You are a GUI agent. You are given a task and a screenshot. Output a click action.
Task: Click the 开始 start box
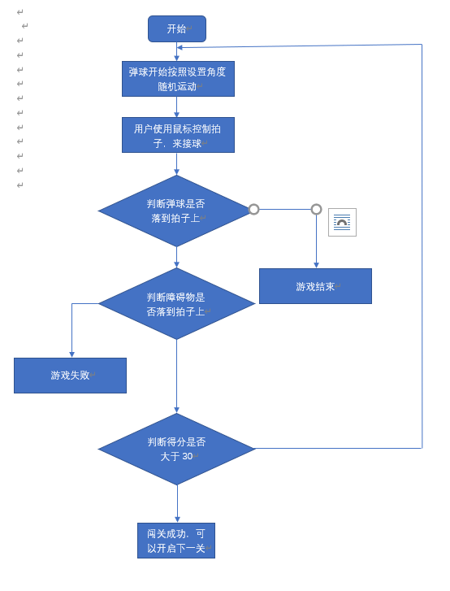point(176,28)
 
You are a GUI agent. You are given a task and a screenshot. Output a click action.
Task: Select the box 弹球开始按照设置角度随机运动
point(178,79)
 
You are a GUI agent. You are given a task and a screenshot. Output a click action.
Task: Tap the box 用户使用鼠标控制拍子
point(178,135)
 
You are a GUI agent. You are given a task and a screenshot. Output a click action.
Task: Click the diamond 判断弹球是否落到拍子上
point(176,211)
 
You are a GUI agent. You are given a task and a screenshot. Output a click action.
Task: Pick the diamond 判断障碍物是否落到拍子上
point(176,303)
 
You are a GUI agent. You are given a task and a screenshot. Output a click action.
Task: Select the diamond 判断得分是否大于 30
point(176,449)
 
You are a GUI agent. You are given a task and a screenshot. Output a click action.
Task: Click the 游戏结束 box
point(315,286)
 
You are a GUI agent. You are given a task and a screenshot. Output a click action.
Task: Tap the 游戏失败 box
point(70,376)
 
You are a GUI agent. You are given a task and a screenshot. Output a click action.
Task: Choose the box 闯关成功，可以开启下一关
point(176,541)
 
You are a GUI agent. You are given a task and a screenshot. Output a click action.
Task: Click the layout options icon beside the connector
point(342,222)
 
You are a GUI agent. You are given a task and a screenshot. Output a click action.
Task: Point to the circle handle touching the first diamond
point(253,209)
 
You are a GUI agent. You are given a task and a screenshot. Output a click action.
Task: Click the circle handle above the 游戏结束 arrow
point(316,209)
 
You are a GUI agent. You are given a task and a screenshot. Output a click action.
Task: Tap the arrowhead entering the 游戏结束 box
point(316,265)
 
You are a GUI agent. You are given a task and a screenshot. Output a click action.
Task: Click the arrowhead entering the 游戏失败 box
point(71,354)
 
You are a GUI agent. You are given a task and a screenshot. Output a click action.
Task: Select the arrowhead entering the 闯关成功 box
point(177,519)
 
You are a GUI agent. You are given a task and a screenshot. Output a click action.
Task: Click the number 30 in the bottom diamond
point(187,456)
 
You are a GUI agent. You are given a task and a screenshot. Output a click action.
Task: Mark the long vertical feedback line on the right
point(422,244)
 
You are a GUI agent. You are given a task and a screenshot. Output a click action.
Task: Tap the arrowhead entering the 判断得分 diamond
point(176,410)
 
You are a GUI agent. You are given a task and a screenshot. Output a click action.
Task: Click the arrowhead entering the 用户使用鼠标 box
point(176,115)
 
